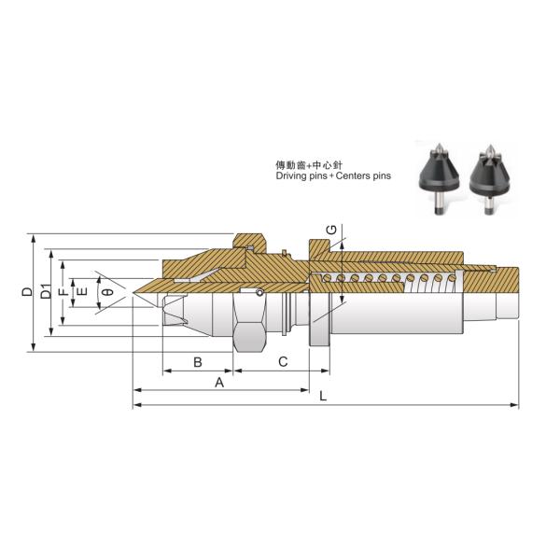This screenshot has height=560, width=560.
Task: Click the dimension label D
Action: click(x=28, y=293)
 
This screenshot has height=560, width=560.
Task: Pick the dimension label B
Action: click(x=197, y=361)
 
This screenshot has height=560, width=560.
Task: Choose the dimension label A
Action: click(x=220, y=382)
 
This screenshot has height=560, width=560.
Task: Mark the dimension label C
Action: click(x=283, y=361)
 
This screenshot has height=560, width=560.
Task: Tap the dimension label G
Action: click(x=330, y=230)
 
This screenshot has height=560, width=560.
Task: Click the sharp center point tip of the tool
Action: click(x=134, y=299)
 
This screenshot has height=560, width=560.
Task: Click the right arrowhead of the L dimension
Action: click(x=515, y=406)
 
